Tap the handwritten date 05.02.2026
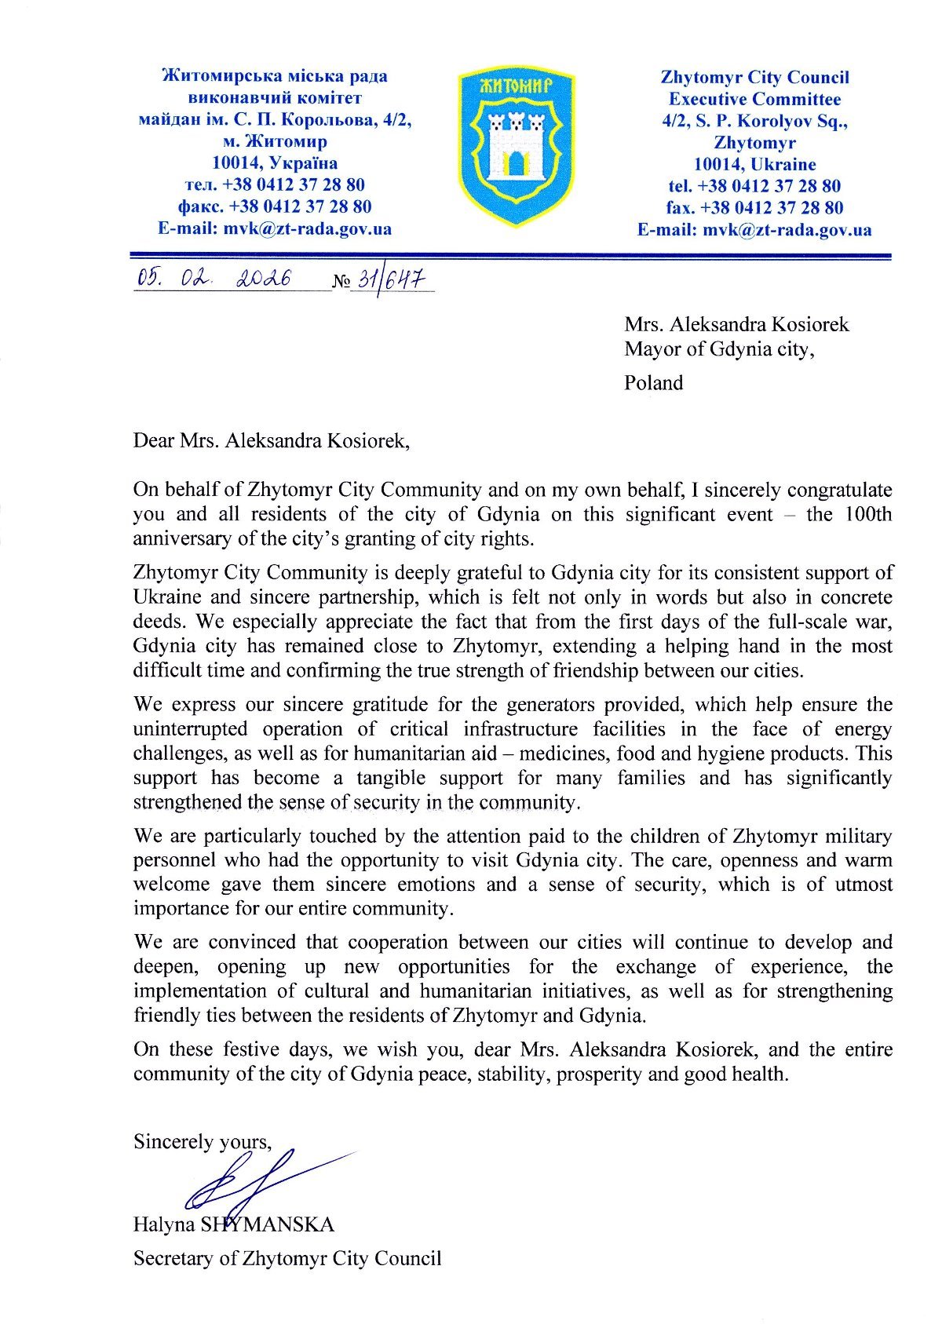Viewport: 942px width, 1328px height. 214,278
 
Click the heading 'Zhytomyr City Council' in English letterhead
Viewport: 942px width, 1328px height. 754,77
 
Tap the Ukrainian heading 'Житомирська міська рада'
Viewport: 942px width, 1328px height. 274,76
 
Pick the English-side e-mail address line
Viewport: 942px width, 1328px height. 754,230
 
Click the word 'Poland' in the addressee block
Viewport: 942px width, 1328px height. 654,383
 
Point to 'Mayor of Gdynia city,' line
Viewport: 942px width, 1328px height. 719,349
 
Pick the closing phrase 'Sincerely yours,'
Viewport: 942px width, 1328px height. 203,1141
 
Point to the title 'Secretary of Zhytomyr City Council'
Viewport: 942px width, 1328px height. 287,1259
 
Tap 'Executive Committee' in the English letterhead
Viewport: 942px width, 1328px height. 754,99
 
